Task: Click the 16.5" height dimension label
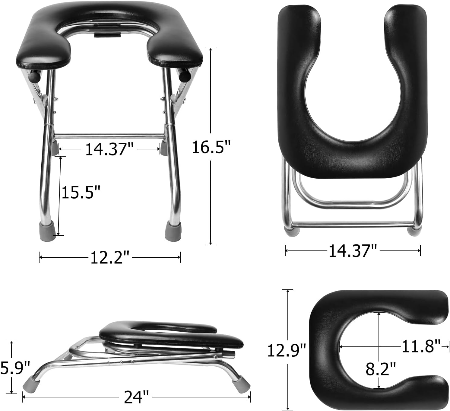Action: point(211,147)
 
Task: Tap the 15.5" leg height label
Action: point(81,192)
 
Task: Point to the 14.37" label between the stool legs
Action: point(109,149)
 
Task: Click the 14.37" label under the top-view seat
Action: point(353,251)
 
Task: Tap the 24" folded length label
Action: point(136,397)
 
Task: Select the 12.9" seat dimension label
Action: point(287,350)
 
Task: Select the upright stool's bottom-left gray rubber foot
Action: point(48,231)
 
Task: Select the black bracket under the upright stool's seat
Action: point(107,35)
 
